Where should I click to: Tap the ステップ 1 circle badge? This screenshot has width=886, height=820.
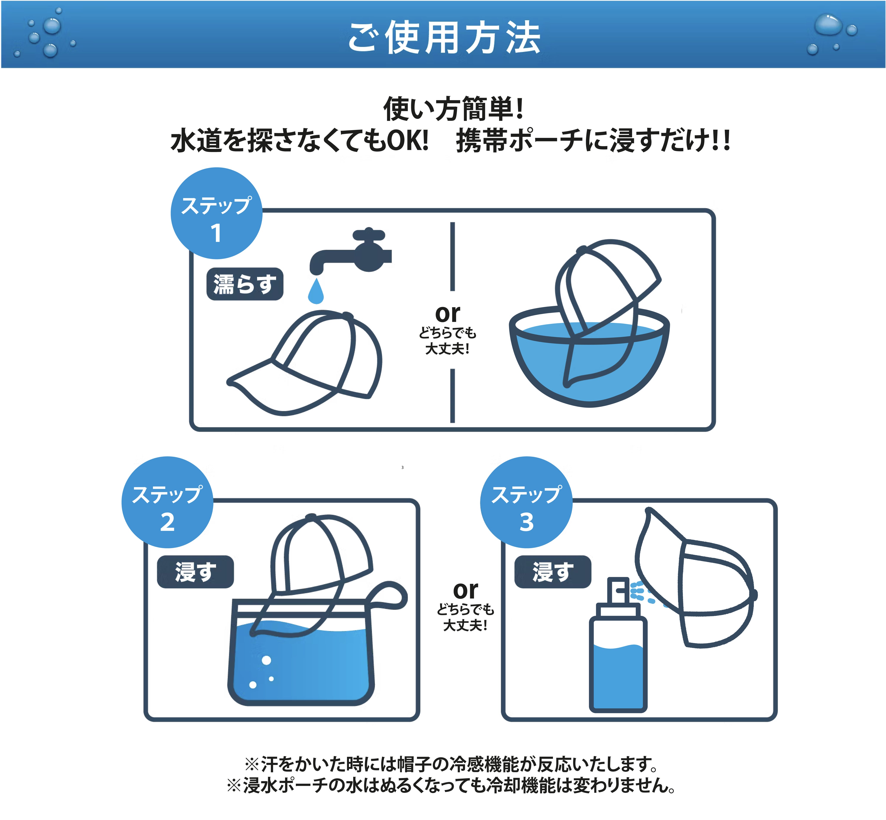(216, 213)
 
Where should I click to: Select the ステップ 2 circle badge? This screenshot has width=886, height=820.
(167, 502)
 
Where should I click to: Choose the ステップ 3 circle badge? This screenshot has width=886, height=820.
(526, 502)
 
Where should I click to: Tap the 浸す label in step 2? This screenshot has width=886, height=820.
(195, 572)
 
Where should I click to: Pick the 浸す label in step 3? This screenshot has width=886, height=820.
(552, 572)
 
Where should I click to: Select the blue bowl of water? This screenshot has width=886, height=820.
(590, 364)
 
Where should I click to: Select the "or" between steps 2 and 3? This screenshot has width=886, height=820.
(465, 590)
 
